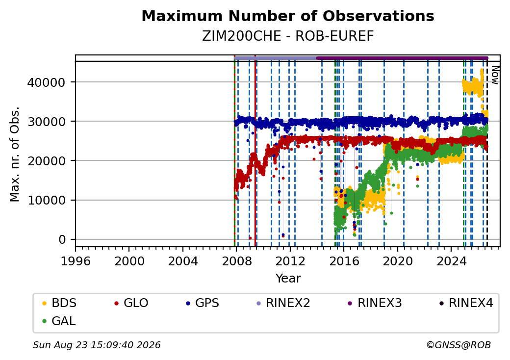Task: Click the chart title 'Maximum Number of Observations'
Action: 288,16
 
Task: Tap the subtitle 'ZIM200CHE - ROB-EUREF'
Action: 288,36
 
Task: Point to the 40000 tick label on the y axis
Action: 46,82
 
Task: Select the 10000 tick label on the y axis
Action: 46,200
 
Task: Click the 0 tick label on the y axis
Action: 62,239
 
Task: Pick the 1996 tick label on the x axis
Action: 76,261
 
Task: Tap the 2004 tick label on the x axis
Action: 183,261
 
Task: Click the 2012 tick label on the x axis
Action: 290,261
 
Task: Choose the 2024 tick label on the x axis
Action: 451,261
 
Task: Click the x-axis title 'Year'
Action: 288,279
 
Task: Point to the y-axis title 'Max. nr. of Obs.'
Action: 15,154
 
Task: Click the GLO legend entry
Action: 131,303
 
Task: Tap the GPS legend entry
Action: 203,303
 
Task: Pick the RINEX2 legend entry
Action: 283,303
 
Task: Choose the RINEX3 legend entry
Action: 375,303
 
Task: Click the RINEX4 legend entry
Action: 466,303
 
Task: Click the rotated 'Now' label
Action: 495,75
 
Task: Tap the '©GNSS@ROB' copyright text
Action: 459,345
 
